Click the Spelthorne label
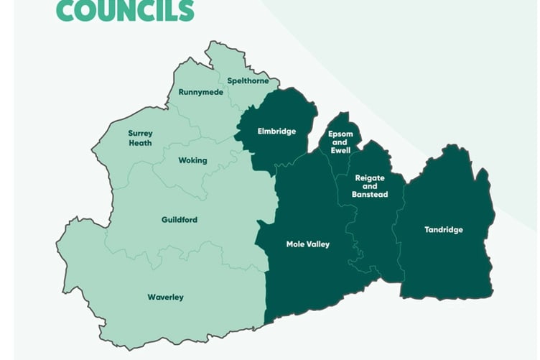click(248, 81)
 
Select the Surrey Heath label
click(140, 138)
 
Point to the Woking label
click(192, 160)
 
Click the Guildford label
click(180, 220)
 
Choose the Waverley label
click(165, 297)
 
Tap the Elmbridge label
click(276, 131)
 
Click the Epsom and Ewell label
click(340, 142)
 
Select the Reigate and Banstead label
click(370, 185)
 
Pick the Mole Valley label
click(308, 244)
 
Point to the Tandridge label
click(444, 230)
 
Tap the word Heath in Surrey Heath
click(140, 143)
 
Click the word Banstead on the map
click(370, 195)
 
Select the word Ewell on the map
click(340, 151)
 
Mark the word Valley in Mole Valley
click(317, 244)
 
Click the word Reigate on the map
click(370, 177)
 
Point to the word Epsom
click(340, 134)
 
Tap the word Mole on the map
click(295, 244)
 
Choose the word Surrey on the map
click(140, 134)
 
